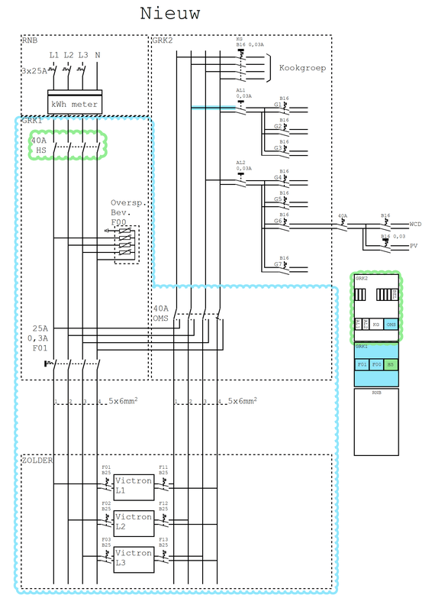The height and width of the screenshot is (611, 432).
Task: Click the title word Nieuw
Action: coord(169,14)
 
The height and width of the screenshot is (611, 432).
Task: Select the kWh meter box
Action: coord(74,105)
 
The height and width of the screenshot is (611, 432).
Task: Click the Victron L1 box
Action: coord(133,486)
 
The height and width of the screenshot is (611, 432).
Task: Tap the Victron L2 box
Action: coord(133,521)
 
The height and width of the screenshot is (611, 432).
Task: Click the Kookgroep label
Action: coord(302,68)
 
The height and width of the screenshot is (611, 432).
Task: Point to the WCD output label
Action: coord(415,224)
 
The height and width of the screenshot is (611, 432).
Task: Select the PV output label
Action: coord(413,247)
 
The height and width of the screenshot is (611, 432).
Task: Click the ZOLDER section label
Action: coord(37,461)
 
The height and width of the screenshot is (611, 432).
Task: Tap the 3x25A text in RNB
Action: coord(34,71)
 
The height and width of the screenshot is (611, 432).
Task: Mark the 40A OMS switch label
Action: coord(160,314)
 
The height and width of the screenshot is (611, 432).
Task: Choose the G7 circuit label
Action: coord(279,264)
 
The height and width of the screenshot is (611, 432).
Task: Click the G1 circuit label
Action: coord(279,105)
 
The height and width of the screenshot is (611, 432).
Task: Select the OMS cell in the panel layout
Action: coord(391,325)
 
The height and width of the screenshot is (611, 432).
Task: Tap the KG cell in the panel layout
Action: coord(376,325)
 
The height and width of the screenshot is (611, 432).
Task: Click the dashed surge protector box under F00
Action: coord(127,244)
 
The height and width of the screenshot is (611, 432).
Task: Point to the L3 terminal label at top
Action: coord(82,55)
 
